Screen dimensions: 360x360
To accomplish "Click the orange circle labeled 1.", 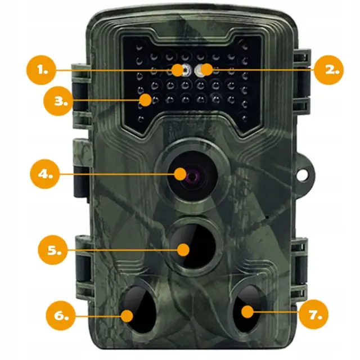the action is click(x=41, y=70).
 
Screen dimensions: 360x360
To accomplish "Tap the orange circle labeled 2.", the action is click(x=328, y=70).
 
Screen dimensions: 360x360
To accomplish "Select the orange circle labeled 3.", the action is click(x=58, y=101).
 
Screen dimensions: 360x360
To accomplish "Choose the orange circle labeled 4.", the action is click(x=45, y=174).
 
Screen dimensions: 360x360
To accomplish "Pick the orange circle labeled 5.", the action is click(x=53, y=250).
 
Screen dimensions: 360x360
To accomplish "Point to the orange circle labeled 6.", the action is click(x=61, y=316).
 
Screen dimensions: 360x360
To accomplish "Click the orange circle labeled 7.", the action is click(x=314, y=314).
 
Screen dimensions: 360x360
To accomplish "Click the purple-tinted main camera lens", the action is click(x=192, y=176).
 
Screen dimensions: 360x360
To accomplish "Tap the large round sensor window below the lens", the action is click(x=193, y=246).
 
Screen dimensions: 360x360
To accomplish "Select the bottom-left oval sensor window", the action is click(x=139, y=309).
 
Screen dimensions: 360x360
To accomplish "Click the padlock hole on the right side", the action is click(x=303, y=174).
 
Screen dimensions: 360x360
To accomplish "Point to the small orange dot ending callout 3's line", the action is click(x=146, y=100).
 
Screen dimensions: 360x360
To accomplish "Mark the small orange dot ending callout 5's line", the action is click(x=183, y=250).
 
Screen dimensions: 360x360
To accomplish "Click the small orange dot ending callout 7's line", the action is click(x=247, y=312).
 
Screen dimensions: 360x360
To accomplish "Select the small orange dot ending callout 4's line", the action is click(x=180, y=174).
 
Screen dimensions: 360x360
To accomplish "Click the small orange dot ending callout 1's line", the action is click(x=178, y=70).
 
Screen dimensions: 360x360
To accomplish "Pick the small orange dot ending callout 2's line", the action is click(x=206, y=70).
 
